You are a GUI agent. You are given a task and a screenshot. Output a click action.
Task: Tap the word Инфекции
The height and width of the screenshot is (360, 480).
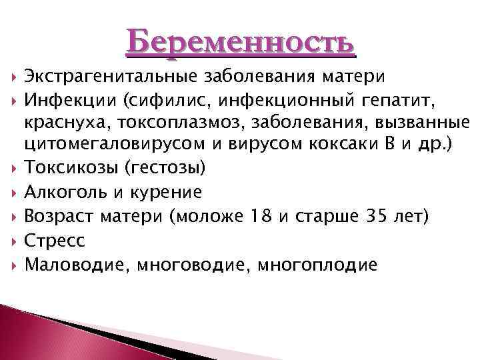pyautogui.click(x=63, y=101)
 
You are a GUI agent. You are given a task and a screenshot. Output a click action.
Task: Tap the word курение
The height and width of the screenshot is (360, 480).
pyautogui.click(x=169, y=193)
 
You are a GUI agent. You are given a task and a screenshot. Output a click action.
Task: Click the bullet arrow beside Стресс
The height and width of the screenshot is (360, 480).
pyautogui.click(x=14, y=241)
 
